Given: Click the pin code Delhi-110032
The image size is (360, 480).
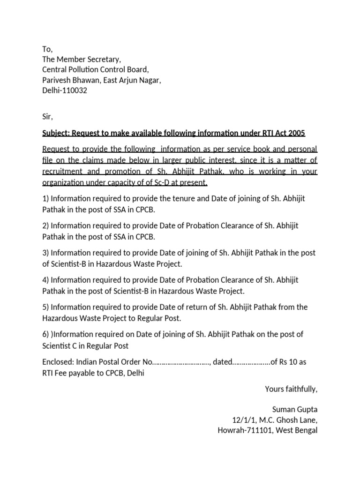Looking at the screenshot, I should (65, 91).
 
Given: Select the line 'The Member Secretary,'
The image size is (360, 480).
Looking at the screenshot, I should (82, 60).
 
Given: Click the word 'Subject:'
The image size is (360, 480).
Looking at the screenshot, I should (57, 134).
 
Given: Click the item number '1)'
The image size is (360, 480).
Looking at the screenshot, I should (45, 198).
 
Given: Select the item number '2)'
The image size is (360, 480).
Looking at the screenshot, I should (45, 225).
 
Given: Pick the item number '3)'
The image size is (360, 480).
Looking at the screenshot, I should (45, 253).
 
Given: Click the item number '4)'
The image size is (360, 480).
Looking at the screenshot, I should (45, 280).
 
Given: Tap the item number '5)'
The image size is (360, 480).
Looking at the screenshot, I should (45, 307).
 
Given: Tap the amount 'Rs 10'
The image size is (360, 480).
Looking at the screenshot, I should (290, 362).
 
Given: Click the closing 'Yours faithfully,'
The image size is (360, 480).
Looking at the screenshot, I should (291, 389).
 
